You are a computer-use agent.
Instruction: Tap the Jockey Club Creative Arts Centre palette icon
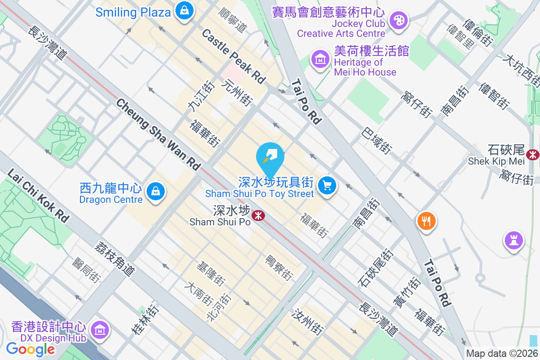point(398,21)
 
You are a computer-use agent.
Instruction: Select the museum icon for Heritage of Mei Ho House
point(320,59)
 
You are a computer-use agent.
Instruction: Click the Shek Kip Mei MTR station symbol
point(533,154)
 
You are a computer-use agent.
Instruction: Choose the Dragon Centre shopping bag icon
point(155,192)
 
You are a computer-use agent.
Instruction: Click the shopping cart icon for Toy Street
point(327,185)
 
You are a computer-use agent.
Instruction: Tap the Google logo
point(30,349)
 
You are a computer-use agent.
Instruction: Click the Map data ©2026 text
point(501,354)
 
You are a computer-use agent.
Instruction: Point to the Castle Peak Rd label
point(234,56)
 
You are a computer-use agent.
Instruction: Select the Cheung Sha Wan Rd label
point(158,135)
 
